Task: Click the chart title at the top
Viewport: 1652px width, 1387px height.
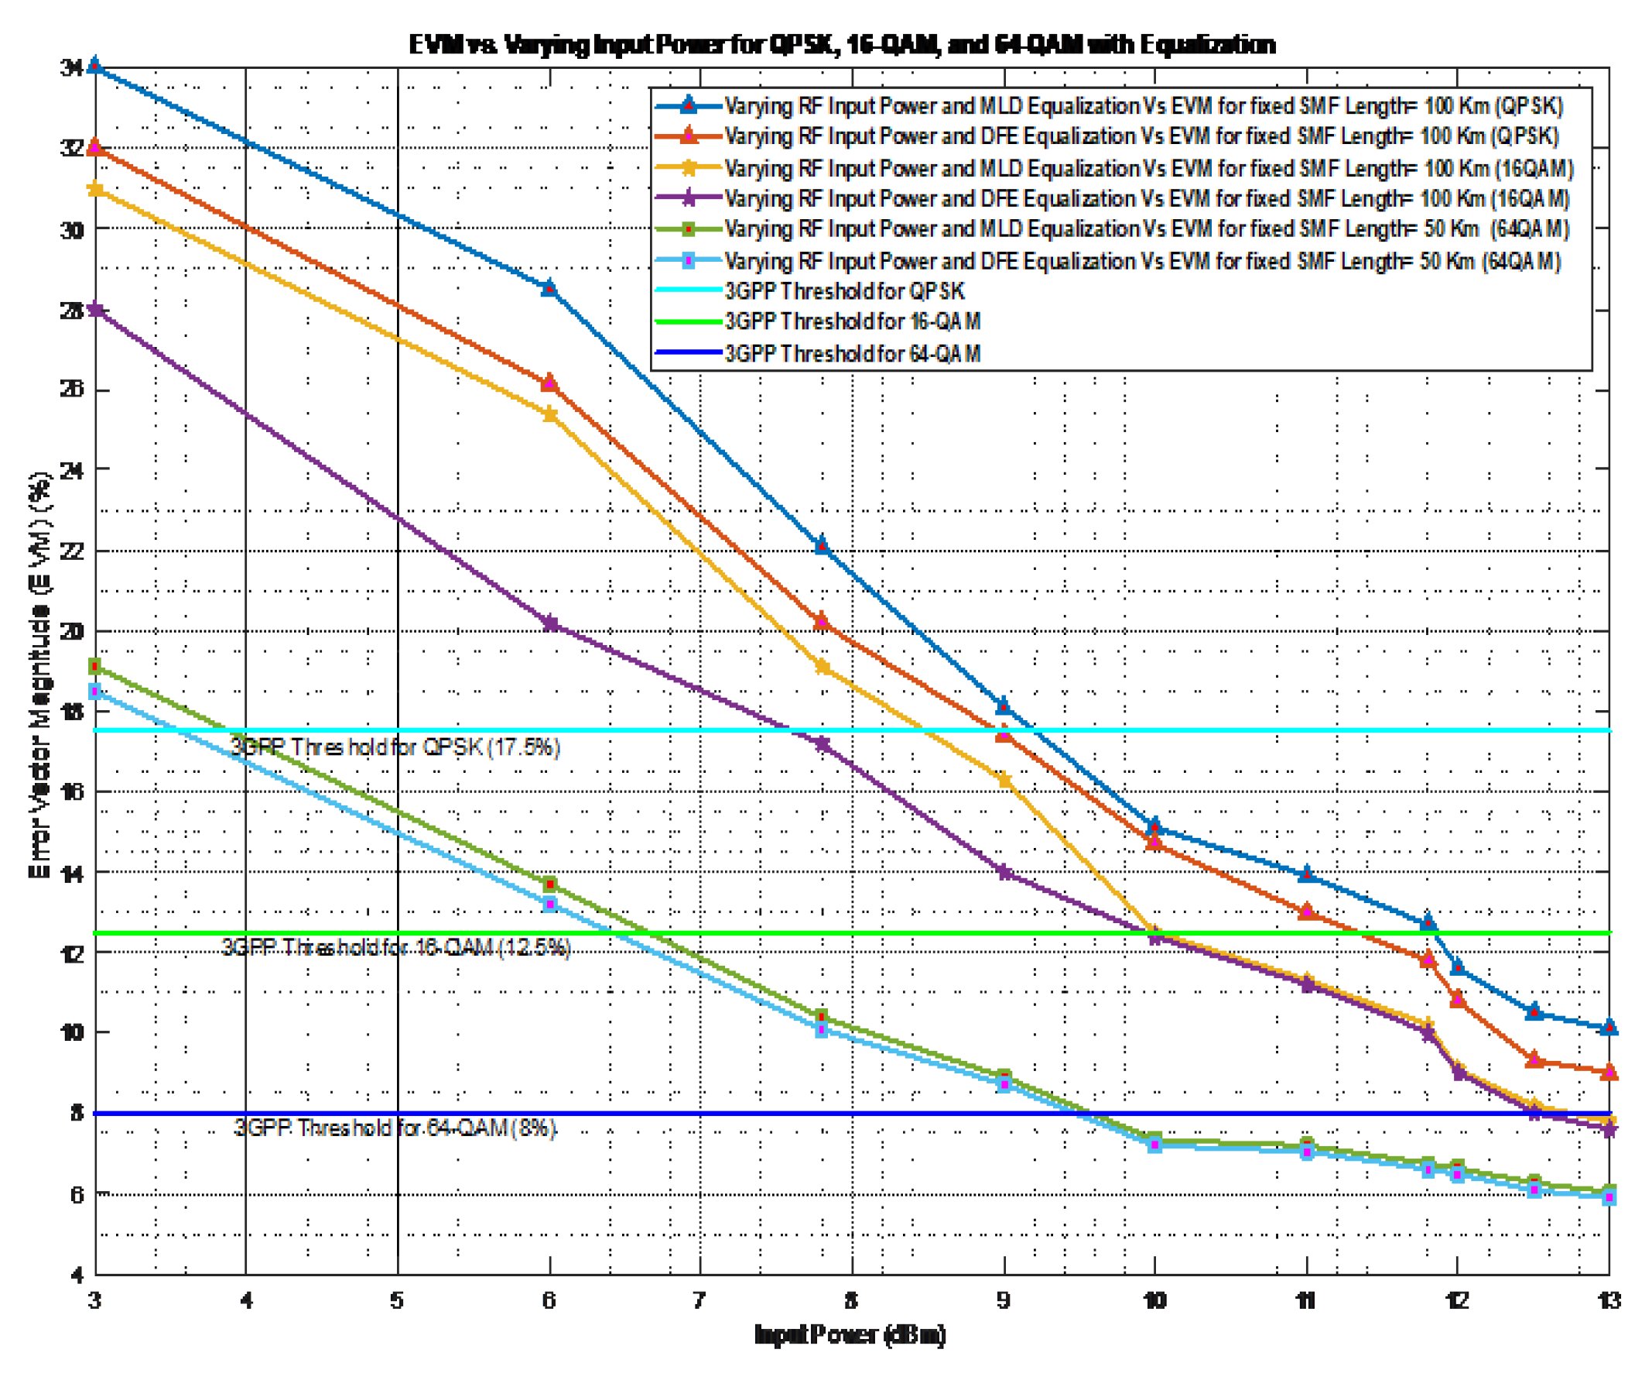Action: click(x=842, y=45)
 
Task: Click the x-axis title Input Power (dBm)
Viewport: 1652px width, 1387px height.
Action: click(x=850, y=1334)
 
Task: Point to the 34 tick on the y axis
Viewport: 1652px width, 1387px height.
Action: click(x=73, y=67)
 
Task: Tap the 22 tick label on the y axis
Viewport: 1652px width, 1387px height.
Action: click(x=73, y=551)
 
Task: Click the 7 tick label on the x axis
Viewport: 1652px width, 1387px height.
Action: click(x=699, y=1300)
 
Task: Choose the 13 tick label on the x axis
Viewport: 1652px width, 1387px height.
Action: click(x=1609, y=1300)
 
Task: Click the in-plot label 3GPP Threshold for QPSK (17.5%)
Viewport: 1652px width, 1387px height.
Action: click(x=395, y=747)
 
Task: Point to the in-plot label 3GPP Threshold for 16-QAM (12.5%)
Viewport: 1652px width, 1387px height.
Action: click(x=395, y=946)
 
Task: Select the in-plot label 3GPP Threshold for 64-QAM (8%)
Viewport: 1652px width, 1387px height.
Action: click(x=395, y=1128)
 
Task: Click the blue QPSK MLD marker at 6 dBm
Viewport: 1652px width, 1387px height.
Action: click(x=549, y=287)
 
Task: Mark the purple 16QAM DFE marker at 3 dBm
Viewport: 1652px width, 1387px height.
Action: click(x=95, y=310)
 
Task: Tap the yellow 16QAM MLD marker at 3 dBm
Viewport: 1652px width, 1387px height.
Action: click(x=95, y=189)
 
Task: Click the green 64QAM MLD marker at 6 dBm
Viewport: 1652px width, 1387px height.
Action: click(x=550, y=884)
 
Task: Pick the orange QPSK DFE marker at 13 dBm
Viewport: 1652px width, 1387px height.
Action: click(x=1609, y=1072)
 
